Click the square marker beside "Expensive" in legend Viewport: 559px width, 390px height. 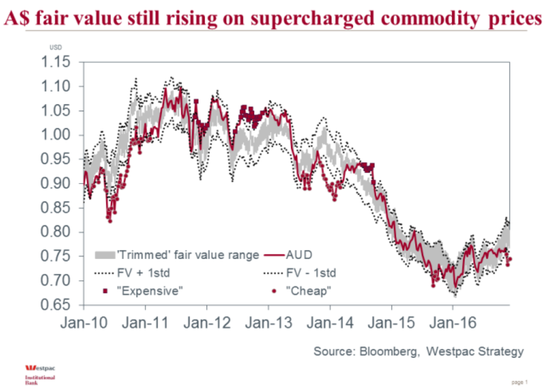tap(105, 291)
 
